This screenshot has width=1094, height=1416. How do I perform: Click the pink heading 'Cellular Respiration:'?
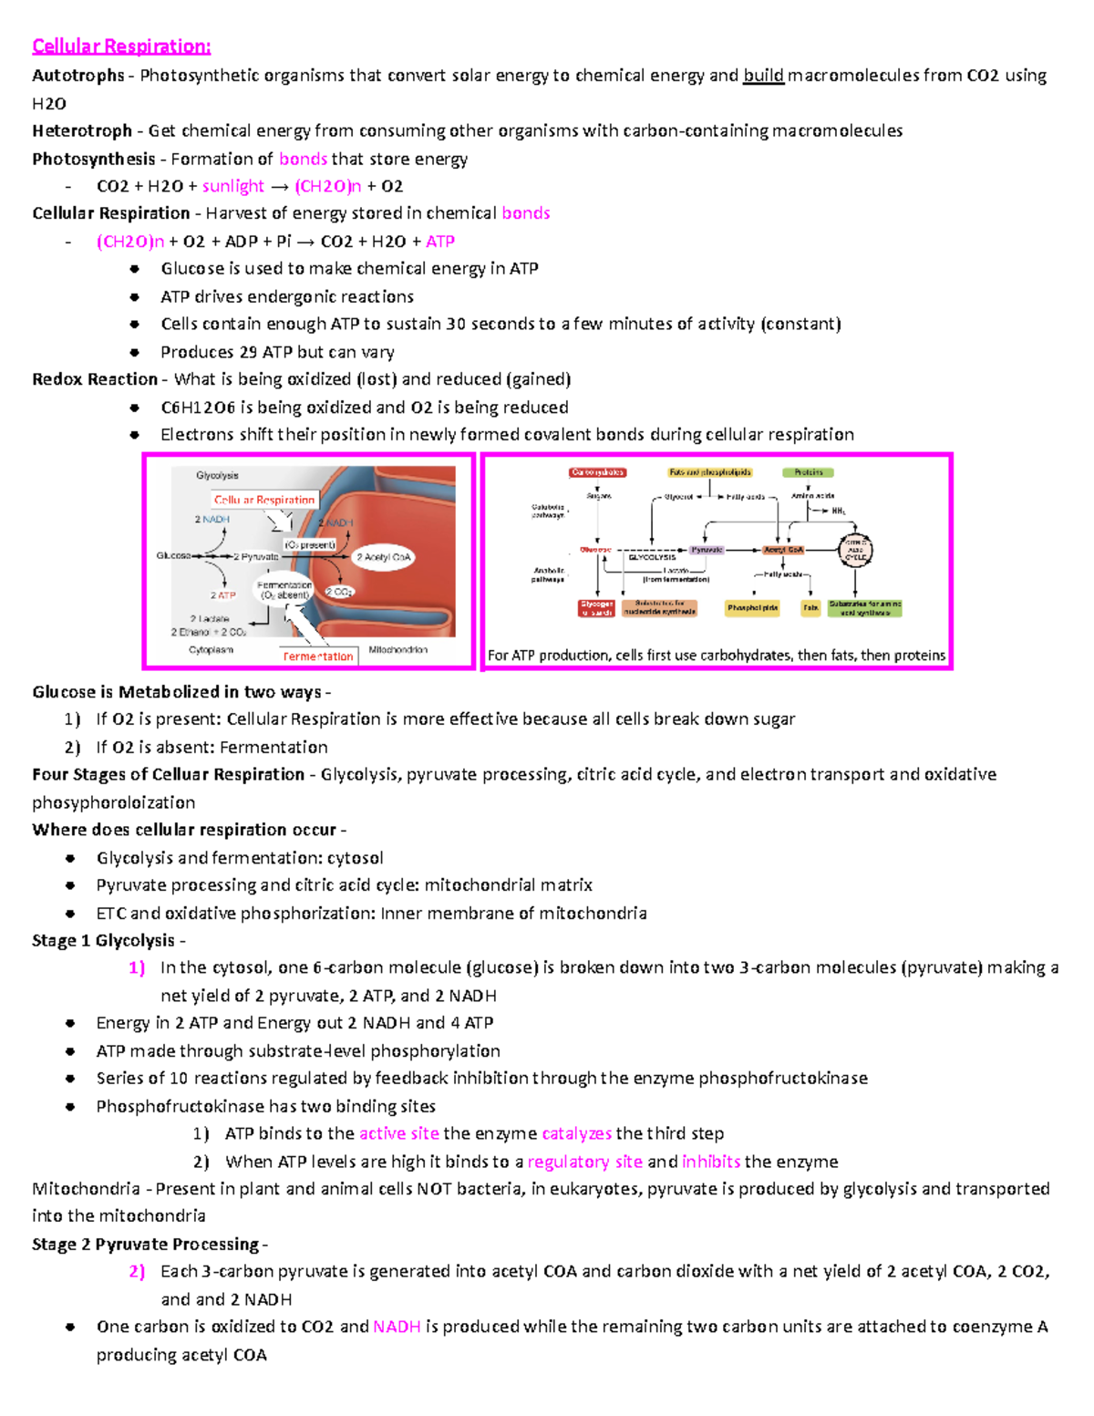(121, 47)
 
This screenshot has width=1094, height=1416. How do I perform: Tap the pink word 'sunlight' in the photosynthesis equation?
(232, 186)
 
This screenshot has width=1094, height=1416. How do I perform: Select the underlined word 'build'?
(763, 76)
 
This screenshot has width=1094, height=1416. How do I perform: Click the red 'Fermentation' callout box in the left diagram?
(317, 656)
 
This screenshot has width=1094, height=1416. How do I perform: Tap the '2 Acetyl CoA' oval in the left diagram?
(383, 557)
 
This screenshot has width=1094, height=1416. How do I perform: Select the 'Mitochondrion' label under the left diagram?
(397, 650)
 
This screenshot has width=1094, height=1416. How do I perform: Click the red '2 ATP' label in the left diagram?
(222, 594)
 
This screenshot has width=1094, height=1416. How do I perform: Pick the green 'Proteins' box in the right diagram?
(808, 472)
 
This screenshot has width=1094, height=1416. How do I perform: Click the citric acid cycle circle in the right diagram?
(855, 550)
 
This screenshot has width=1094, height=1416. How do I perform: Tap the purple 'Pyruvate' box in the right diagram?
(707, 550)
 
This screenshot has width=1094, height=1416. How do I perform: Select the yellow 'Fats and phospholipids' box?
(709, 472)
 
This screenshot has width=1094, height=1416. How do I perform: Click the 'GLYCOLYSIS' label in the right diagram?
(652, 557)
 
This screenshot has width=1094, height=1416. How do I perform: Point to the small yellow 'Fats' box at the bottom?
(810, 607)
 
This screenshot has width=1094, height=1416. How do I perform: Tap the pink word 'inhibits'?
(711, 1162)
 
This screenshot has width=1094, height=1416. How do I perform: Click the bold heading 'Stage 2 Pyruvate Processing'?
(145, 1245)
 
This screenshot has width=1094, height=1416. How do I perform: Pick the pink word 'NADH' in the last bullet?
(397, 1327)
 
